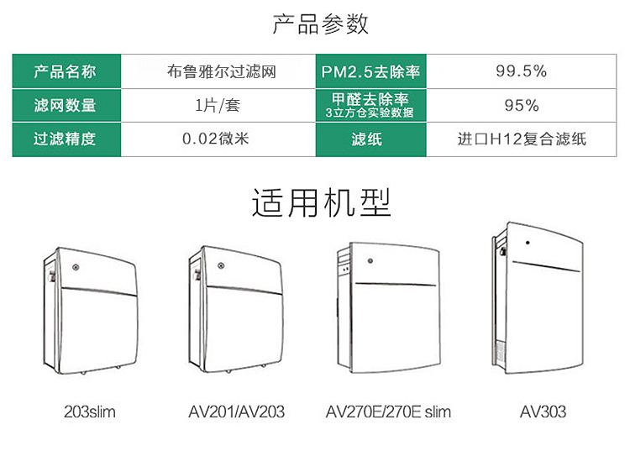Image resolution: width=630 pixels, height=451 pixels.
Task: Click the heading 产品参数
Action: tap(320, 24)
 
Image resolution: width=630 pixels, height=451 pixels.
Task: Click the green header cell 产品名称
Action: tap(66, 71)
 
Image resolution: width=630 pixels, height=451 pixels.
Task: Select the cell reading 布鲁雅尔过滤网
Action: tap(221, 71)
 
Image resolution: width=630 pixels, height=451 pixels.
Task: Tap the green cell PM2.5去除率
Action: tap(370, 71)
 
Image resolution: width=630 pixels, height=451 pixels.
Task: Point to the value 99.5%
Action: tap(521, 71)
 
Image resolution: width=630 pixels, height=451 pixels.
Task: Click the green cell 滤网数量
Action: tap(66, 106)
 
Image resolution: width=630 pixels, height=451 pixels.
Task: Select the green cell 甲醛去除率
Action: tap(370, 106)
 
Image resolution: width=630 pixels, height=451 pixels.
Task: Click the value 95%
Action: tap(521, 106)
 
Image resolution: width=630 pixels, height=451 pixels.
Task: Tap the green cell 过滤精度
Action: tap(66, 139)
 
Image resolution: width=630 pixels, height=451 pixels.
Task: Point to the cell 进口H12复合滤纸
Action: tap(521, 139)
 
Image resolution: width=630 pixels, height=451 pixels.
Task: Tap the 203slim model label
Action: tap(90, 412)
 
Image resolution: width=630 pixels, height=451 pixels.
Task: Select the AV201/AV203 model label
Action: tap(237, 412)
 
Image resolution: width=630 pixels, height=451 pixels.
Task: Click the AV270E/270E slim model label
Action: tap(388, 412)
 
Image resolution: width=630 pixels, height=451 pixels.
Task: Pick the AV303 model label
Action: tap(543, 412)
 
